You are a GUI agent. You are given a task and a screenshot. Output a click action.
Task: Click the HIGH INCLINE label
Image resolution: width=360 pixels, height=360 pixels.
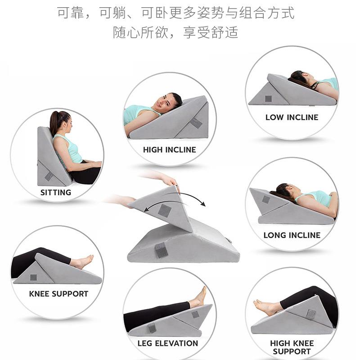[170, 150]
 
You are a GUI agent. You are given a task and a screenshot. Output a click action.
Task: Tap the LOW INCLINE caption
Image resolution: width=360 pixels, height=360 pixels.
[292, 117]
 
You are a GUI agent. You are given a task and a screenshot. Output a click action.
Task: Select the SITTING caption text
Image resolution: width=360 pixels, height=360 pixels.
[56, 192]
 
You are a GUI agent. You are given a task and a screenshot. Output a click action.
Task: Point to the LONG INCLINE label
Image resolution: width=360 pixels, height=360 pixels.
[292, 235]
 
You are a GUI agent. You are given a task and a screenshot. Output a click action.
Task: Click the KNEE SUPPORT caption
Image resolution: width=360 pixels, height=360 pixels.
[58, 294]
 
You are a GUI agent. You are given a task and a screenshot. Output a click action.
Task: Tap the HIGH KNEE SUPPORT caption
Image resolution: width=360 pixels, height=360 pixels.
[292, 347]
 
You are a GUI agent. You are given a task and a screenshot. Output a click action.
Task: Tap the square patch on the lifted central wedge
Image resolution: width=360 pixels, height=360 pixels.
[164, 210]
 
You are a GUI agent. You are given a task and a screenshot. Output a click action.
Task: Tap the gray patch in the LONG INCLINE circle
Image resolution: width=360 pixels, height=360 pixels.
[266, 199]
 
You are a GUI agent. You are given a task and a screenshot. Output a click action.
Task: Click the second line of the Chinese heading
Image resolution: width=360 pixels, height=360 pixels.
[175, 33]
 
